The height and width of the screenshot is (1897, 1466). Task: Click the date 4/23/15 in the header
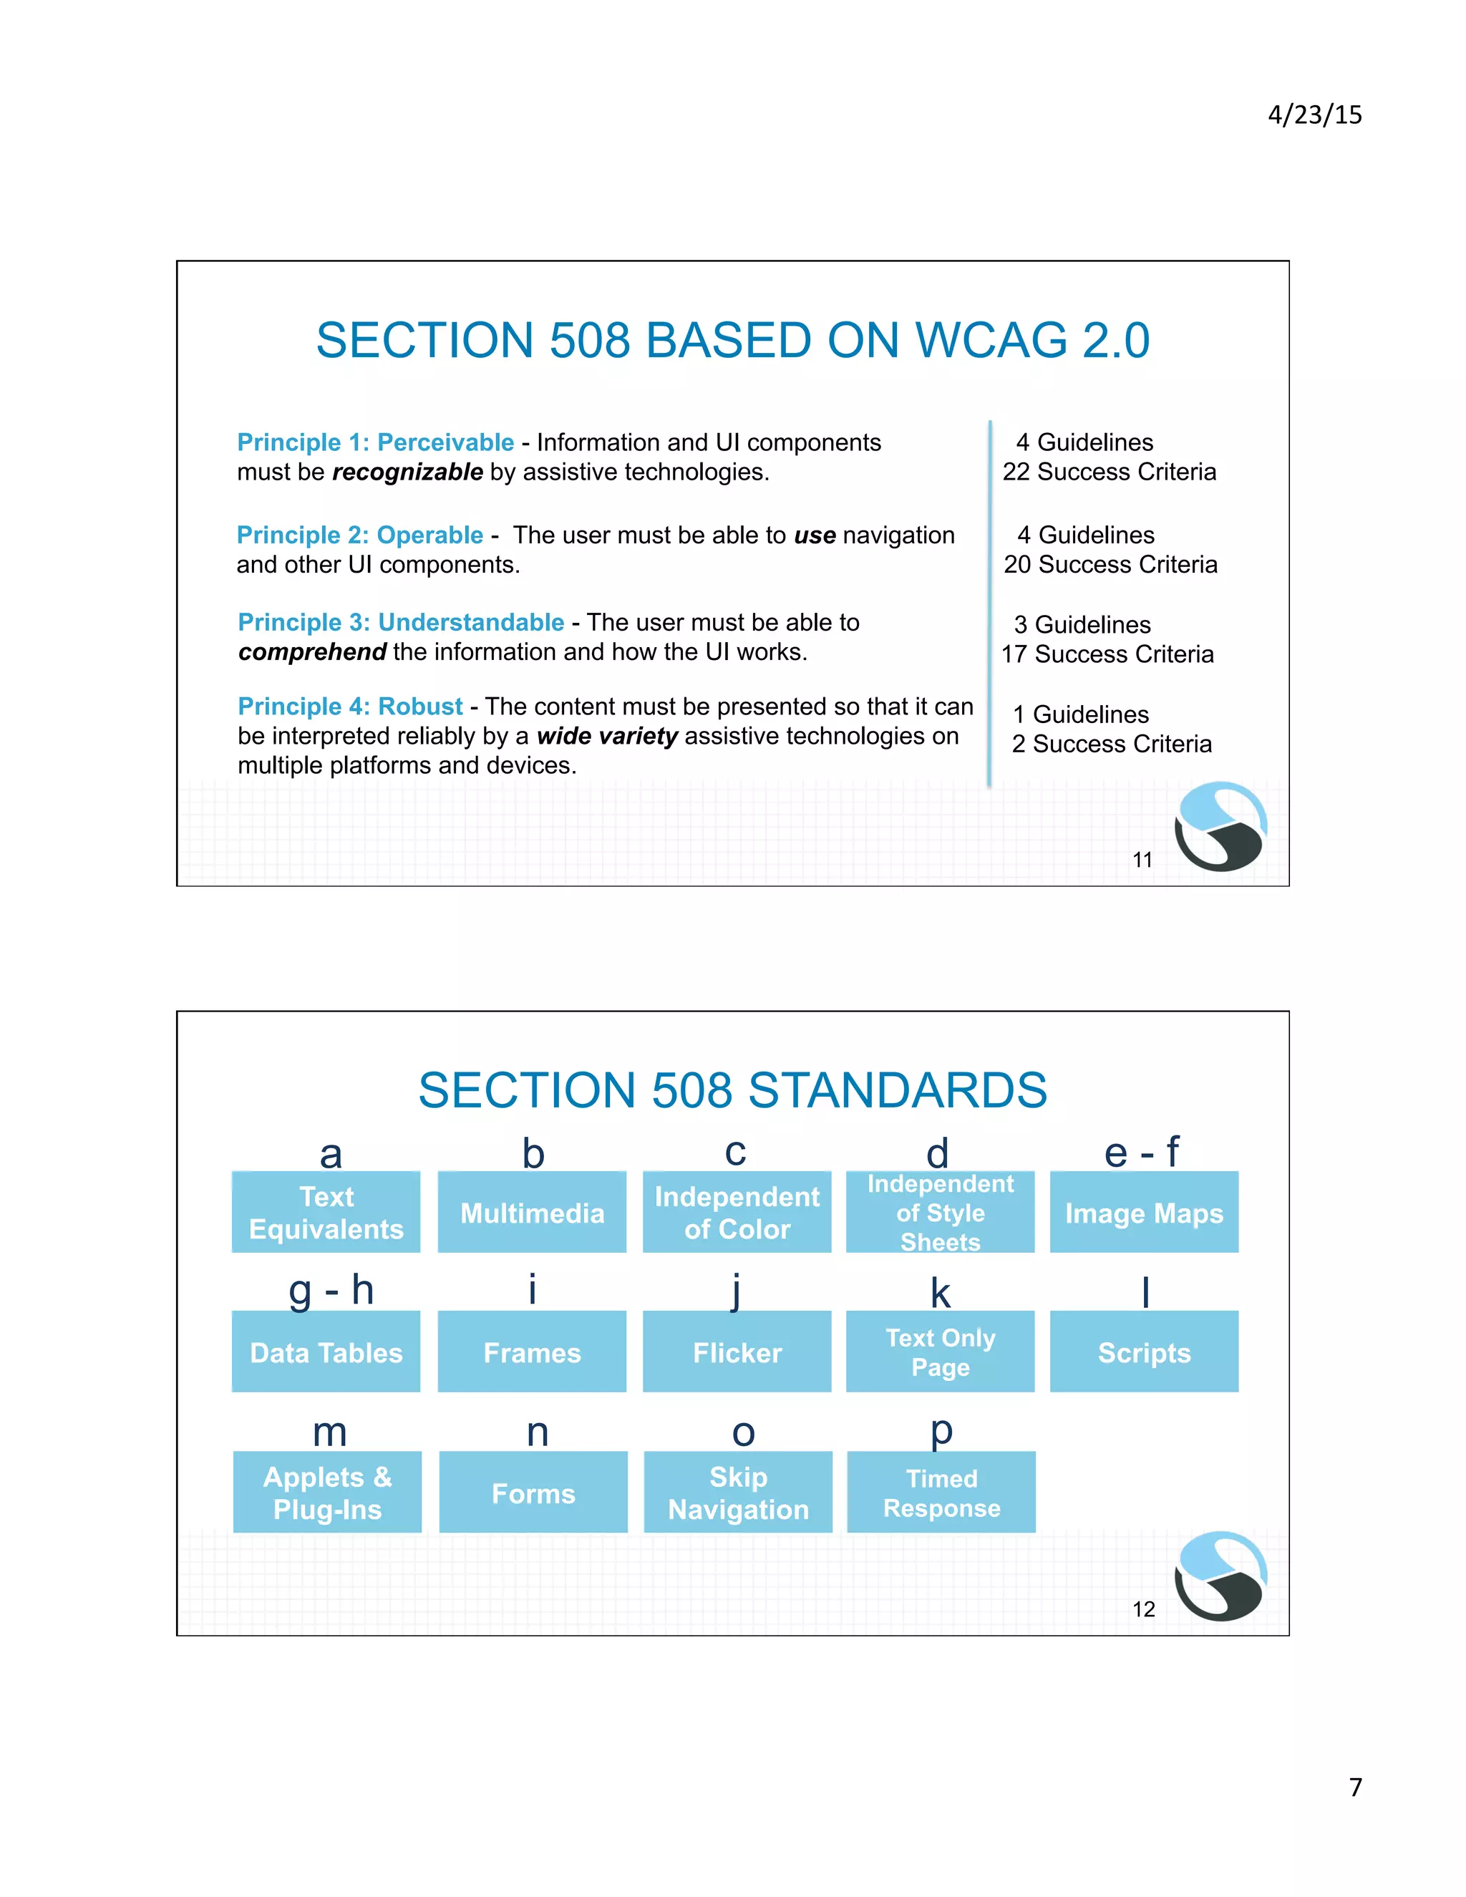1314,115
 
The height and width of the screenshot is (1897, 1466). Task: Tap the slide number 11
1142,859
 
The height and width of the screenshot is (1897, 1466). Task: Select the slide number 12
1143,1609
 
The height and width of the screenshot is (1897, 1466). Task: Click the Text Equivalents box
326,1212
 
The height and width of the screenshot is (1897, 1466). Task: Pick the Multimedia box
532,1212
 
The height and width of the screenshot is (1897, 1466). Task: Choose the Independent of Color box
737,1212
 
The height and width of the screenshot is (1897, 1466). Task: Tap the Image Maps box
1144,1212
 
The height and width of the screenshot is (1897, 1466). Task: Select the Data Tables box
326,1352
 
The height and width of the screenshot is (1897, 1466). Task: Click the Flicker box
737,1352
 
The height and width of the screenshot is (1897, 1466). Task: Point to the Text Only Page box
940,1352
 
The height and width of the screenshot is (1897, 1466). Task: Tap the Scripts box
1144,1352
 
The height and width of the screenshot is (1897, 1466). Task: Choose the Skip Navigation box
737,1493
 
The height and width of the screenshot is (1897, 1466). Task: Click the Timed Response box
941,1493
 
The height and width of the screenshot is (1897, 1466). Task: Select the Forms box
533,1493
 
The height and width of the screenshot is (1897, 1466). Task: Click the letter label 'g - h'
331,1290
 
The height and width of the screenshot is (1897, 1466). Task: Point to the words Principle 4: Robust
350,706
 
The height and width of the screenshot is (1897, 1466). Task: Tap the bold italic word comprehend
312,651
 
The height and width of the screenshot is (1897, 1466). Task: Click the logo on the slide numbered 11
1220,826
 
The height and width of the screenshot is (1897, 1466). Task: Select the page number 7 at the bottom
1355,1787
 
